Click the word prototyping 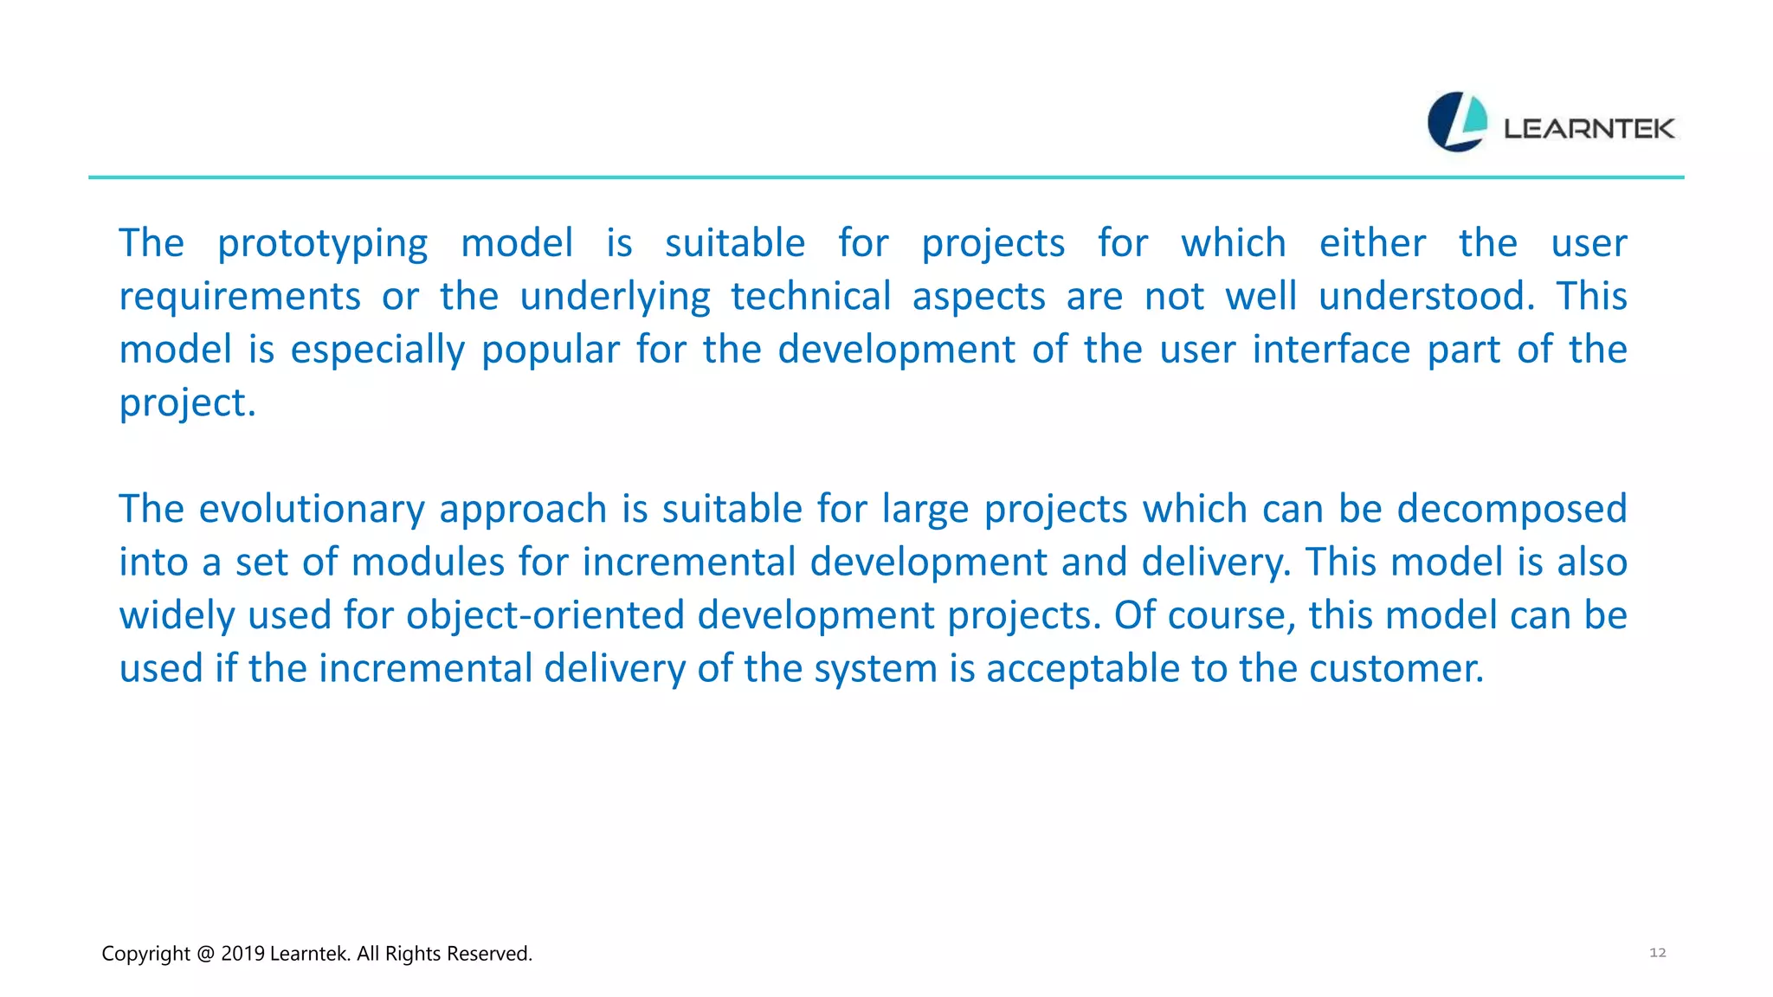pyautogui.click(x=322, y=244)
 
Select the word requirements pyautogui.click(x=239, y=297)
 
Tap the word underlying pyautogui.click(x=615, y=297)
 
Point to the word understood pyautogui.click(x=1425, y=297)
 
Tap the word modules pyautogui.click(x=428, y=563)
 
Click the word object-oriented pyautogui.click(x=545, y=616)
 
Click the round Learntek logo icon pyautogui.click(x=1457, y=122)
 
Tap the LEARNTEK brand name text pyautogui.click(x=1589, y=129)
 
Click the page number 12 pyautogui.click(x=1657, y=952)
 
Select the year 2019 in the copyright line pyautogui.click(x=242, y=954)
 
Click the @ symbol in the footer pyautogui.click(x=205, y=954)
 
